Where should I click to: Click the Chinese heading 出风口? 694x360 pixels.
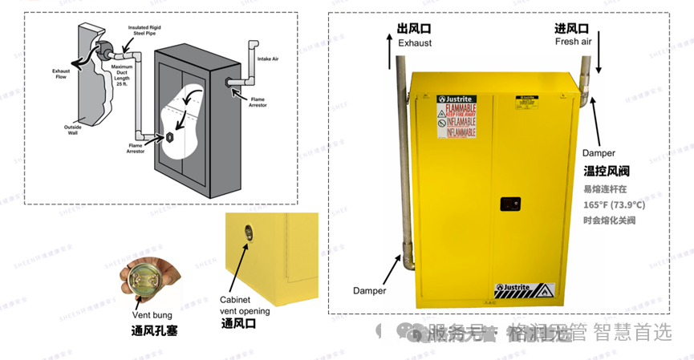(414, 29)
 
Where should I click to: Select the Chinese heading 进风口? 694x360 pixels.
(571, 29)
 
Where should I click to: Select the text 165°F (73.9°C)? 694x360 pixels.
(614, 205)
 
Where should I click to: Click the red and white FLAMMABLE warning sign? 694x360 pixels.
(457, 120)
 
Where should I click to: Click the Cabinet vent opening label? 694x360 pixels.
(245, 305)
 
